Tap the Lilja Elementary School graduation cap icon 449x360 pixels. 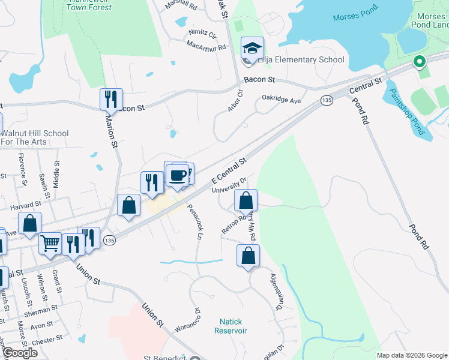tap(252, 47)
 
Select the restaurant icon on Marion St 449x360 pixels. tap(111, 99)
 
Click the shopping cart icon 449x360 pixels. tap(50, 243)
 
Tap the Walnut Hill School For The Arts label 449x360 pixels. tap(35, 137)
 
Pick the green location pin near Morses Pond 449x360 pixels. tap(419, 61)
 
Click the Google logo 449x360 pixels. tap(20, 353)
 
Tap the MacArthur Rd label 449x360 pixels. tap(205, 46)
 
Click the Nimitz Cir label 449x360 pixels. tap(201, 32)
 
